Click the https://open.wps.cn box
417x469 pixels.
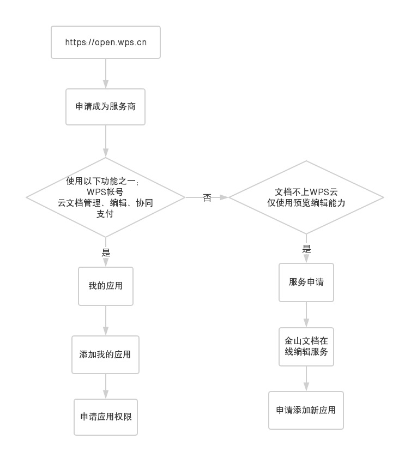(x=106, y=42)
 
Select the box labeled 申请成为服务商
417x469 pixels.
(x=106, y=106)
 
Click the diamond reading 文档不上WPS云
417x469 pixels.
(x=306, y=197)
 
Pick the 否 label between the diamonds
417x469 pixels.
(x=207, y=197)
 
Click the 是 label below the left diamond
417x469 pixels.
(x=106, y=252)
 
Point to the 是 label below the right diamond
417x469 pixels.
(x=306, y=249)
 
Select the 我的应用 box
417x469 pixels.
(x=106, y=286)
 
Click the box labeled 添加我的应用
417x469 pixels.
(x=106, y=354)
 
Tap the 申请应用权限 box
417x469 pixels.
(x=106, y=417)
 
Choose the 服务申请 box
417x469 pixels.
(x=306, y=282)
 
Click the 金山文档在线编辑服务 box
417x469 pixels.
(x=306, y=346)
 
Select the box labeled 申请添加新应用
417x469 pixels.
(x=306, y=410)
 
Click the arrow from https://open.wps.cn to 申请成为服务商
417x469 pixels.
(x=106, y=73)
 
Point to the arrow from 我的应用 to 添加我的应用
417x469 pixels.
(x=106, y=321)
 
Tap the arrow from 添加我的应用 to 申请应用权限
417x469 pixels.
(x=106, y=386)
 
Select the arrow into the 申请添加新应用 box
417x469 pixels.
(x=306, y=378)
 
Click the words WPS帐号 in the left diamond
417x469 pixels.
(x=105, y=192)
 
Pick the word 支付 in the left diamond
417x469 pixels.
(x=105, y=214)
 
